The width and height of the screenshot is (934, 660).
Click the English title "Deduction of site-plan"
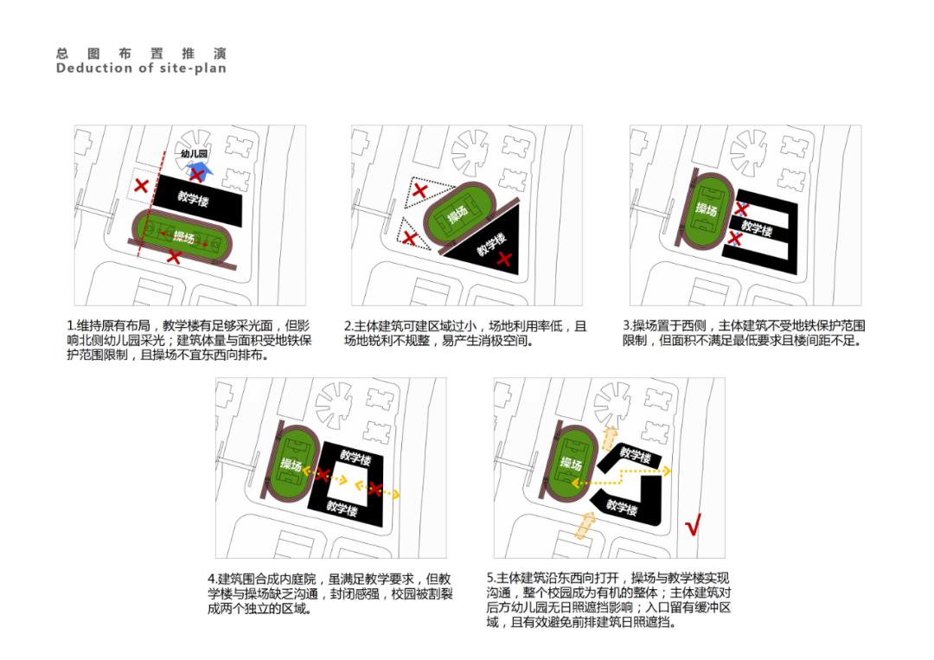point(141,68)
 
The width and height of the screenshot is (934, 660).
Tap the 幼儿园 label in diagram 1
point(194,154)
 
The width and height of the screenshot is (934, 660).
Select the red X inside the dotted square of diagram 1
point(141,185)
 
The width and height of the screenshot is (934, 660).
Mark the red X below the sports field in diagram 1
point(174,257)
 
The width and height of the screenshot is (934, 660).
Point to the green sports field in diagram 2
point(459,214)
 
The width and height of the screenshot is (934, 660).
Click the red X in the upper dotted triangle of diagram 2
point(420,190)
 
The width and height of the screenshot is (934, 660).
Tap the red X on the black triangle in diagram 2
point(504,259)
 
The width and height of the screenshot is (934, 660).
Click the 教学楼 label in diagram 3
point(757,228)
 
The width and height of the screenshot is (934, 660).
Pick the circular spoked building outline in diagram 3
point(749,153)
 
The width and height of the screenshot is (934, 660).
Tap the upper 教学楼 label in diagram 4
point(355,458)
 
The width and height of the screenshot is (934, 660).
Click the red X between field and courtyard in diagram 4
point(323,475)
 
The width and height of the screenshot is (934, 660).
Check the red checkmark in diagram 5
point(693,523)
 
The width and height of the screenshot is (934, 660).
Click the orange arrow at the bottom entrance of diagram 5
point(586,524)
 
